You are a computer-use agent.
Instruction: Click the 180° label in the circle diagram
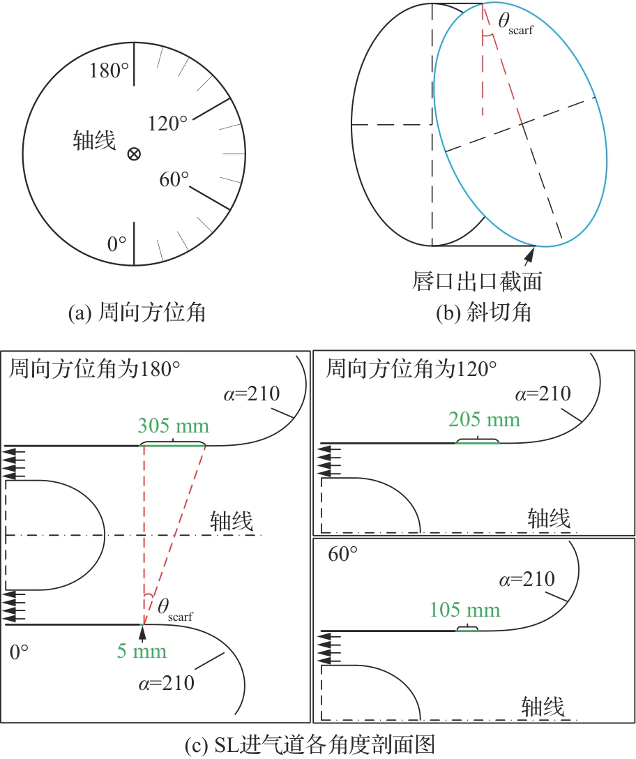click(x=109, y=70)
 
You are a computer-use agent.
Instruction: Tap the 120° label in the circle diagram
click(x=167, y=123)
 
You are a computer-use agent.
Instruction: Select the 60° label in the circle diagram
click(x=174, y=179)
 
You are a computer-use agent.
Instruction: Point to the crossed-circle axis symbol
click(x=134, y=154)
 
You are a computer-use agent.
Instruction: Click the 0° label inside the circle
click(x=116, y=243)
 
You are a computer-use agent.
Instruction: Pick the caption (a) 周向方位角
click(x=137, y=313)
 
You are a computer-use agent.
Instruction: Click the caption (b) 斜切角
click(x=483, y=313)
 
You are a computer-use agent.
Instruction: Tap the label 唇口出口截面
click(x=477, y=281)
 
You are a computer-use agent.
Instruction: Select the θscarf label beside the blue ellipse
click(x=515, y=24)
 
